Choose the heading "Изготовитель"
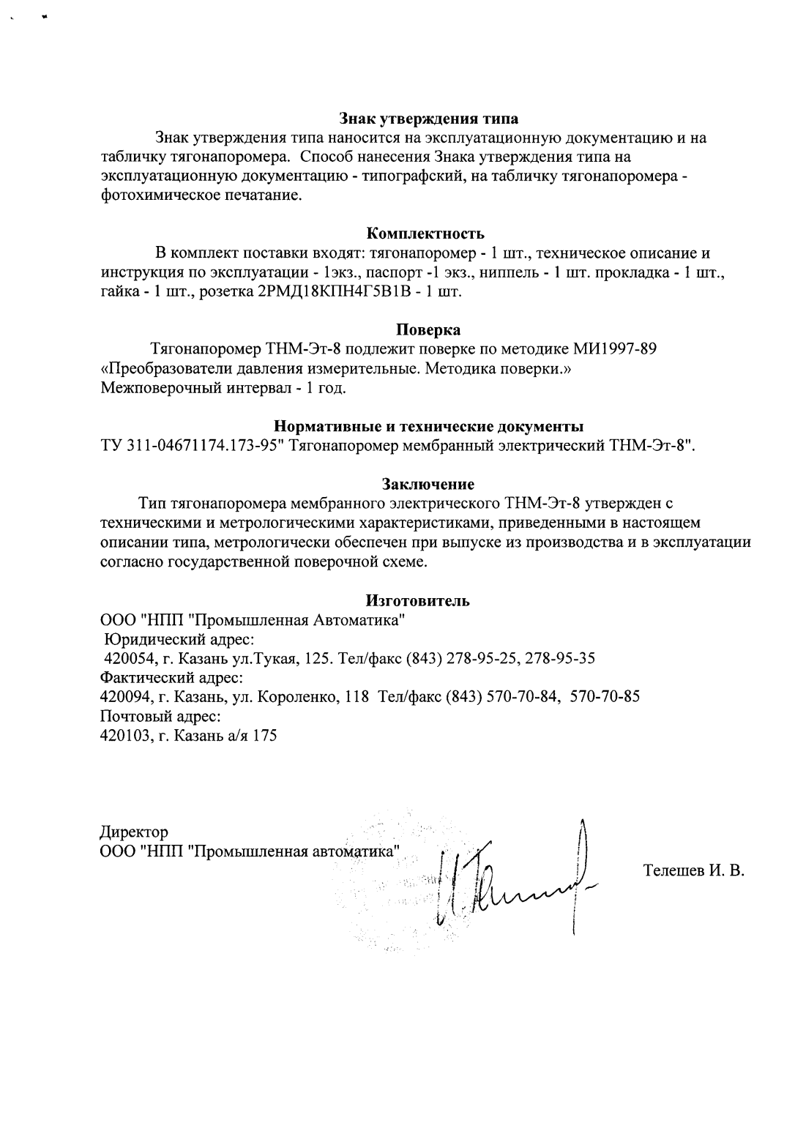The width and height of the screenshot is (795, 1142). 417,600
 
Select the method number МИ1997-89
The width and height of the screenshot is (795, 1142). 617,348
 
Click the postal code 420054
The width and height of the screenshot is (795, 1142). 129,658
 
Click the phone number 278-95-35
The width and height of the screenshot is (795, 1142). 560,658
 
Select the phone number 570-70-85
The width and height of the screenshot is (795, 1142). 605,697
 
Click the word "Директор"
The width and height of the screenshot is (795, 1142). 134,832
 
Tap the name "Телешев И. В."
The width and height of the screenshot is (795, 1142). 693,870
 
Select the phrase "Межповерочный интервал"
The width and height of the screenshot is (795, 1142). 189,387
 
